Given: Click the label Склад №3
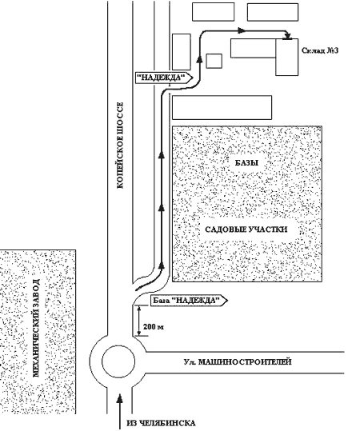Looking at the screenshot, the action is (320, 50).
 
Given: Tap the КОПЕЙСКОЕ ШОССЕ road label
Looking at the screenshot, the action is (120, 146).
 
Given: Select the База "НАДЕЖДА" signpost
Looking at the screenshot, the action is (190, 301).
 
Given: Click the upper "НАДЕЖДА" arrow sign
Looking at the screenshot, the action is (164, 78).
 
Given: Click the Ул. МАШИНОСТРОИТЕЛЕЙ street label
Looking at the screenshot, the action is (238, 362).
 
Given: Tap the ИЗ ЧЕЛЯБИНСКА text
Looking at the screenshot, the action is (162, 423).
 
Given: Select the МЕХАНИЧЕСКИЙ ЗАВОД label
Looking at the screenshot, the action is (36, 328).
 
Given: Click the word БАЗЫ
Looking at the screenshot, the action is (246, 163).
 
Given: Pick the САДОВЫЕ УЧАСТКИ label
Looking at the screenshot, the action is (246, 229).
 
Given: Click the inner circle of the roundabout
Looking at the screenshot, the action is (118, 361).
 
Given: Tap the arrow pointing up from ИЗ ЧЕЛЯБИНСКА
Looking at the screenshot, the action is (119, 412).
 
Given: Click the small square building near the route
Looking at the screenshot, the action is (214, 61).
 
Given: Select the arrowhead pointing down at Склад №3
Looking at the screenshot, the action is (288, 36).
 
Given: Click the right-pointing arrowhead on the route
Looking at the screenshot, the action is (242, 30).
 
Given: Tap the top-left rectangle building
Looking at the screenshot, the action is (213, 12).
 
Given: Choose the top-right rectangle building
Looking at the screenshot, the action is (273, 12).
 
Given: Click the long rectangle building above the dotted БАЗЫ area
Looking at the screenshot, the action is (222, 107).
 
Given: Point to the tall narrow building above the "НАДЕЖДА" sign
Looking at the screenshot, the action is (182, 52).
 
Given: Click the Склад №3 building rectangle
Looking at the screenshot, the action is (287, 57).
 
